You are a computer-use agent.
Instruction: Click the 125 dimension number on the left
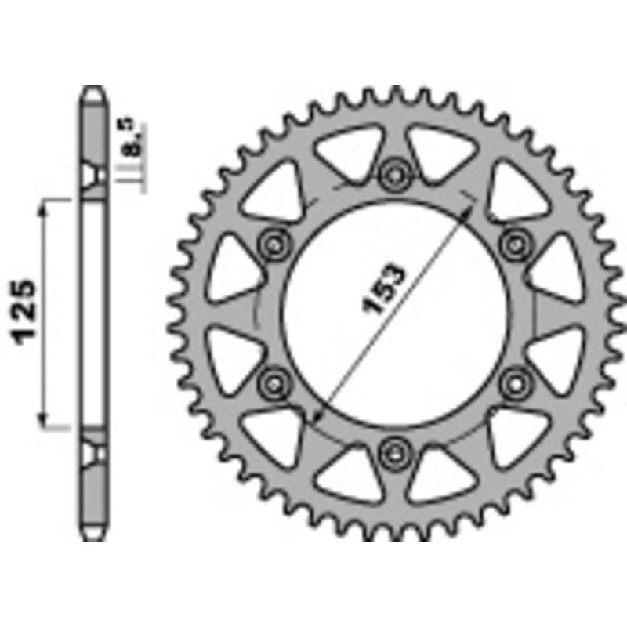pos(25,311)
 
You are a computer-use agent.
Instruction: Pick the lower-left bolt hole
pos(274,382)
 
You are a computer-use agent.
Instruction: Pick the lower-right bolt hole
pos(513,382)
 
